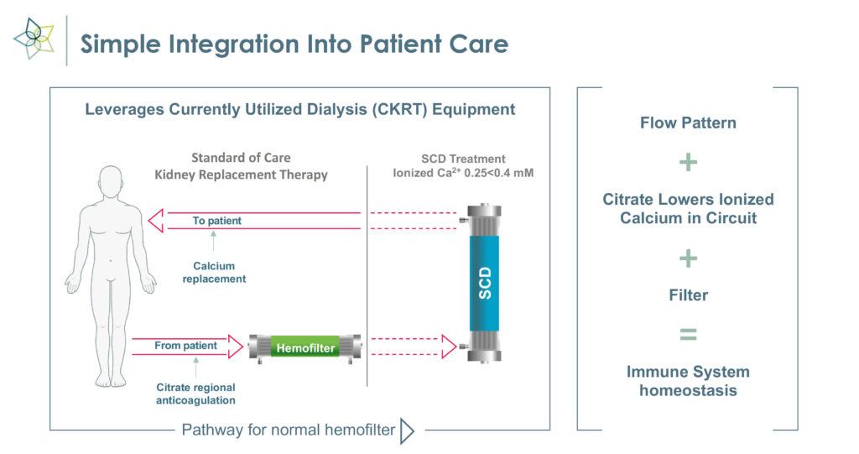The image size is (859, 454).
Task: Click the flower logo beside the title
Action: coord(34,39)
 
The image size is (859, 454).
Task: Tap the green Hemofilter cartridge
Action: coord(305,347)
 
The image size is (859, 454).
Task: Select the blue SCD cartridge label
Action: coord(484,283)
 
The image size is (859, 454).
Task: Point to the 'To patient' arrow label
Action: coord(217,221)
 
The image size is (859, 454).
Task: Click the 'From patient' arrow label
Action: coord(185,346)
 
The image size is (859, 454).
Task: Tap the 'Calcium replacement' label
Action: coord(214,272)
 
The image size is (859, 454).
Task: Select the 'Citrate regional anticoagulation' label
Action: coord(195,394)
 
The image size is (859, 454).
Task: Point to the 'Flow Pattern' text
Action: coord(688,123)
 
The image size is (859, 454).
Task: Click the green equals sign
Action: coord(688,334)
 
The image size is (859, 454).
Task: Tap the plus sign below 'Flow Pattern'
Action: coord(688,162)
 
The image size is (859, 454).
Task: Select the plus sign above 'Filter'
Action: coord(688,258)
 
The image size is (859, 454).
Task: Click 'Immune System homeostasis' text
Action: coord(688,381)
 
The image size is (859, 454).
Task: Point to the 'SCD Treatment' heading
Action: coord(463,159)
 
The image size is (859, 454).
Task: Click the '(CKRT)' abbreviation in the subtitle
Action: coord(399,109)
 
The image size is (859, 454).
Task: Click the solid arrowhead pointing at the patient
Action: coord(156,221)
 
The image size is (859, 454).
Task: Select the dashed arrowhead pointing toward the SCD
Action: coord(450,347)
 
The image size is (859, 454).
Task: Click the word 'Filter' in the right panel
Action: coord(688,295)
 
